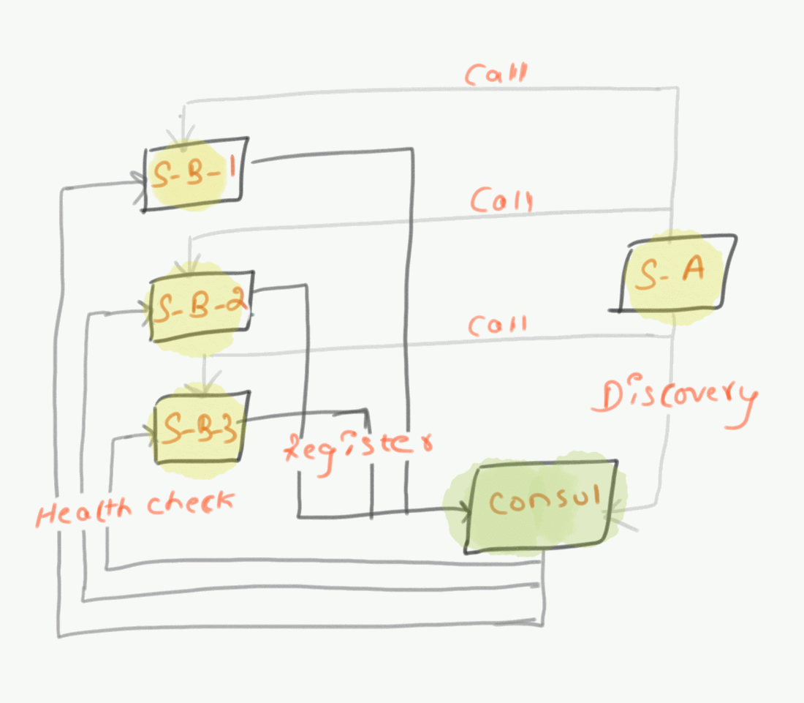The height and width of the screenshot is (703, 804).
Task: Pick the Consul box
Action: (541, 505)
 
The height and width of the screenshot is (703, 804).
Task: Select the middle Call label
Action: (501, 199)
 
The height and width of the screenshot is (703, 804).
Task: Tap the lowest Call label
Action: (497, 325)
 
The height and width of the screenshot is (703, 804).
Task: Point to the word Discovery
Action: (676, 399)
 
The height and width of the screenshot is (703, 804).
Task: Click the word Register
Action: (358, 446)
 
